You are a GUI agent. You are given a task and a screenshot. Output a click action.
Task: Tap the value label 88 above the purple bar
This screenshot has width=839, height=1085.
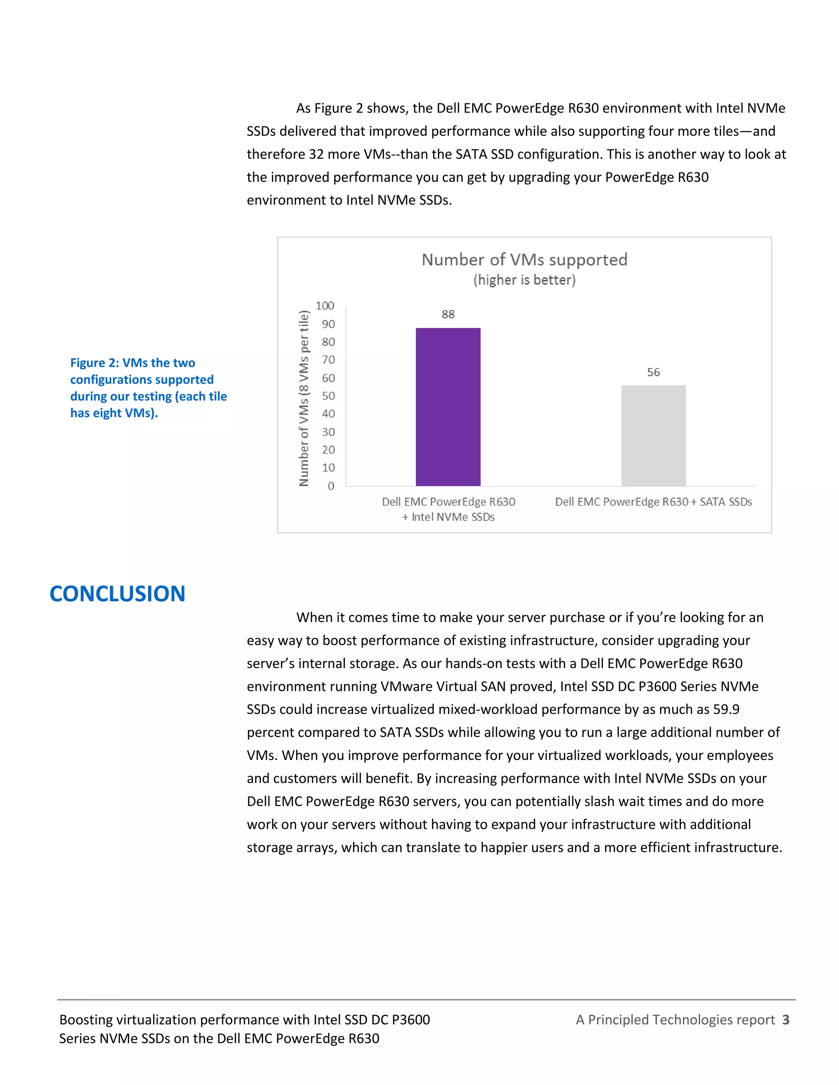pyautogui.click(x=448, y=314)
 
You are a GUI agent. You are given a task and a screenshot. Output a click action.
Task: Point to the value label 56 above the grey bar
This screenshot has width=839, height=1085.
pyautogui.click(x=653, y=372)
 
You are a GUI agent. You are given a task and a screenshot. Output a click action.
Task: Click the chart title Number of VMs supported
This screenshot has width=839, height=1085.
pyautogui.click(x=524, y=259)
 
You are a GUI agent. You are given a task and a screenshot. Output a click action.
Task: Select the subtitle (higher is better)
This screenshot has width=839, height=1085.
pyautogui.click(x=524, y=280)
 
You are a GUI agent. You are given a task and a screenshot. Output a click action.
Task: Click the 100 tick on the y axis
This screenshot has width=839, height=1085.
pyautogui.click(x=324, y=305)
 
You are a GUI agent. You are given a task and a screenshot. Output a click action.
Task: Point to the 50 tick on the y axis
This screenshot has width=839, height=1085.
pyautogui.click(x=328, y=396)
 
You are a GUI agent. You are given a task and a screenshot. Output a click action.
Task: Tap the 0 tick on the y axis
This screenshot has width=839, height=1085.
pyautogui.click(x=331, y=486)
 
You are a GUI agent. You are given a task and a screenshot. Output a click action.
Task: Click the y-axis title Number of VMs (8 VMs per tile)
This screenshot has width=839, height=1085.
pyautogui.click(x=304, y=398)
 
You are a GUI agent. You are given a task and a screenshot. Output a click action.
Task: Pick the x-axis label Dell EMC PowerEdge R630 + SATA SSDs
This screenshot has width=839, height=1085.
pyautogui.click(x=653, y=502)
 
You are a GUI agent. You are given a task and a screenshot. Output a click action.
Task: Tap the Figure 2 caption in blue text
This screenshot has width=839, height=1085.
pyautogui.click(x=148, y=387)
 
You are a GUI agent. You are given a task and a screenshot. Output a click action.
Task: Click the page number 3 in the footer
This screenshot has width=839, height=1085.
pyautogui.click(x=785, y=1019)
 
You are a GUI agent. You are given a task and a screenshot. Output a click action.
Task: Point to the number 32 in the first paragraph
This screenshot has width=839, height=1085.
pyautogui.click(x=316, y=154)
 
